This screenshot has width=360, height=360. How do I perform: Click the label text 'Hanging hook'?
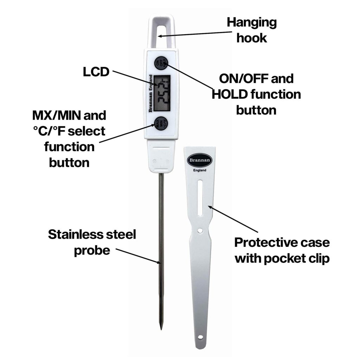coord(251,30)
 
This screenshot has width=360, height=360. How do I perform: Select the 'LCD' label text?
coord(96,72)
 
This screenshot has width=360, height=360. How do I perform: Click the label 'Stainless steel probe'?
coord(92,242)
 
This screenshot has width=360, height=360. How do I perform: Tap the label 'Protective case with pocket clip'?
coord(282,250)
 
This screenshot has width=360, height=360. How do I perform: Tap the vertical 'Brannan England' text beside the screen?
coord(150,93)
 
